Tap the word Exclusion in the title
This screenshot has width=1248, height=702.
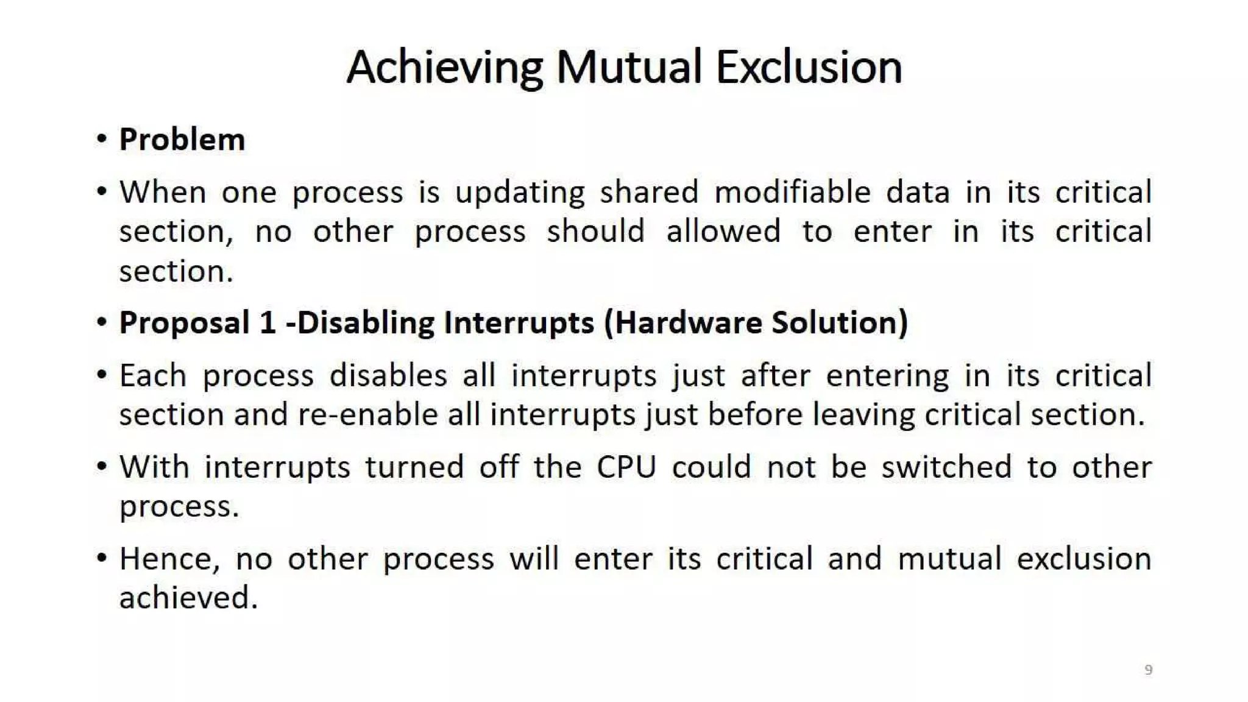click(x=808, y=67)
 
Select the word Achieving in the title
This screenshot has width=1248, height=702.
click(x=444, y=68)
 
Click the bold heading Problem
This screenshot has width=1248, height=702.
click(x=182, y=140)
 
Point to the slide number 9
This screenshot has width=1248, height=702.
click(x=1148, y=670)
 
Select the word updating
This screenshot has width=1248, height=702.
click(x=520, y=193)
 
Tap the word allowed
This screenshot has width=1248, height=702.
click(x=723, y=232)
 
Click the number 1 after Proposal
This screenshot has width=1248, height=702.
click(x=268, y=322)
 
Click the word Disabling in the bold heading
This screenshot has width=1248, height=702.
click(x=366, y=322)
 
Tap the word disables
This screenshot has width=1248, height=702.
click(x=388, y=375)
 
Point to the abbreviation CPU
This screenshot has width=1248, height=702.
click(x=626, y=467)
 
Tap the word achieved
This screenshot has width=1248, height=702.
click(x=188, y=598)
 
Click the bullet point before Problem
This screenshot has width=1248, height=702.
click(x=102, y=139)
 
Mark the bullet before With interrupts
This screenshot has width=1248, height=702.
click(x=102, y=467)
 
